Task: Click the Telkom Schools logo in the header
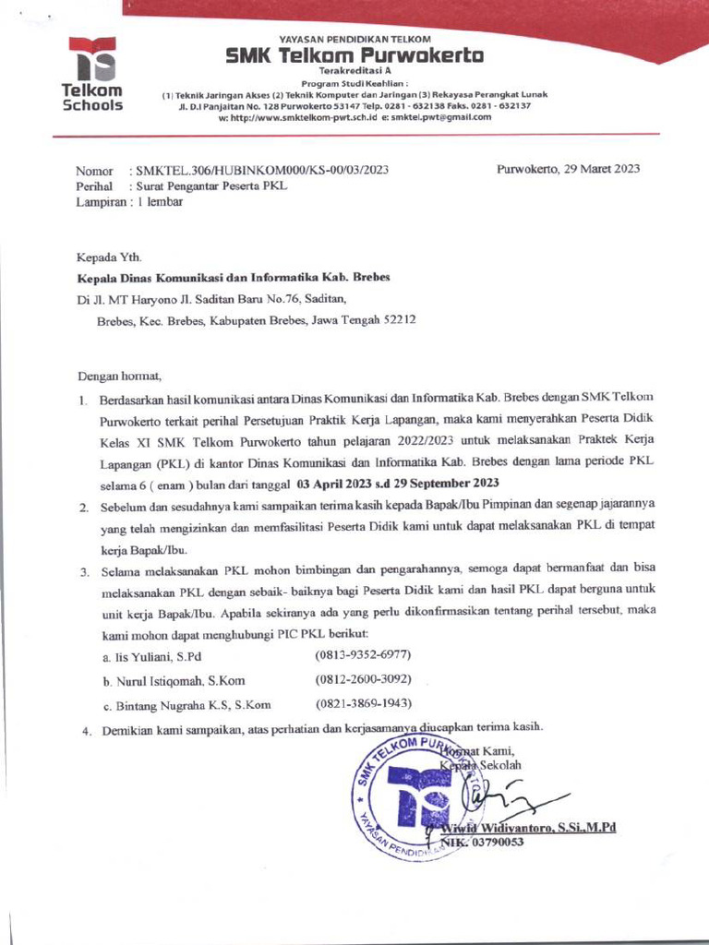[x=91, y=74]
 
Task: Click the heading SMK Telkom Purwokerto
[x=354, y=56]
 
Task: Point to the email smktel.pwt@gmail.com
[x=441, y=117]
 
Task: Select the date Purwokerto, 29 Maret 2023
[x=568, y=169]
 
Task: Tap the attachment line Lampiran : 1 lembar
[x=129, y=203]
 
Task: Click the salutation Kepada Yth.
[x=109, y=258]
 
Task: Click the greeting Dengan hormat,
[x=119, y=376]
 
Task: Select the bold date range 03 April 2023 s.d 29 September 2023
[x=398, y=484]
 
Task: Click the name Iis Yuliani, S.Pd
[x=152, y=656]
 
